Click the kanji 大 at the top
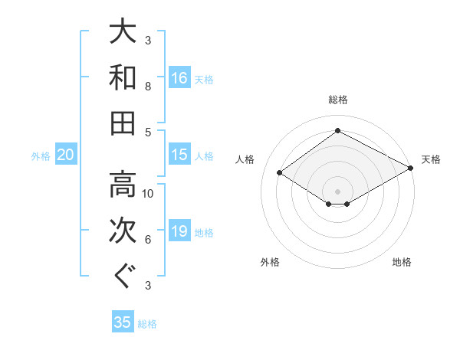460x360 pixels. pos(123,33)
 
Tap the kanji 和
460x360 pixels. pos(123,77)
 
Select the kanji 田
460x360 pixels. pos(123,123)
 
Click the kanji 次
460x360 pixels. pos(123,231)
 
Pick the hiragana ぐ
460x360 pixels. pos(123,275)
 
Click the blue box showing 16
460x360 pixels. pos(179,77)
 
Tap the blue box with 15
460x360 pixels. pos(179,155)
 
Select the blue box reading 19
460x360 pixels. pos(179,231)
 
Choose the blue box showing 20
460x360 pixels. pos(66,155)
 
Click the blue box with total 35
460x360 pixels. pos(123,322)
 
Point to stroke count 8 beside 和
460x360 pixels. pos(148,87)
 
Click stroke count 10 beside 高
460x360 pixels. pos(148,194)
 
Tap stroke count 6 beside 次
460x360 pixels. pos(148,240)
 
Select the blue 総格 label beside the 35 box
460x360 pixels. pos(147,323)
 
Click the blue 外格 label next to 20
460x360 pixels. pos(41,156)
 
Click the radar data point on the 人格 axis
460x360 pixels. pos(280,173)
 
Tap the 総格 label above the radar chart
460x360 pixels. pos(338,100)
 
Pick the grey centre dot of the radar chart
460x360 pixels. pos(337,190)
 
